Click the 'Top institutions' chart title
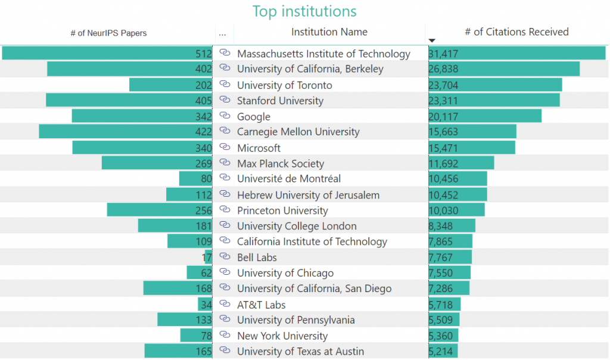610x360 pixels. (x=304, y=11)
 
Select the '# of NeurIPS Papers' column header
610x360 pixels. (x=108, y=33)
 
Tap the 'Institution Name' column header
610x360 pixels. (x=329, y=32)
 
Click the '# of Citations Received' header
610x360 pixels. (x=516, y=32)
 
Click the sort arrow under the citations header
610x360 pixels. (x=432, y=41)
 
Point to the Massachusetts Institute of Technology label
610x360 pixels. (x=323, y=54)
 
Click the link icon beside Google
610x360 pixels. (x=225, y=116)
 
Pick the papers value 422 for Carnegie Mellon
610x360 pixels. (x=204, y=132)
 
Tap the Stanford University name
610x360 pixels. (x=280, y=101)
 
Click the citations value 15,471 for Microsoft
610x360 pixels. (x=444, y=148)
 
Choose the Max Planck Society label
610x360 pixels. (x=281, y=163)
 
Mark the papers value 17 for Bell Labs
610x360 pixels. (x=207, y=257)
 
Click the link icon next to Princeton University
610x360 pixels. (x=225, y=210)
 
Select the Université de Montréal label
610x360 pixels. (x=289, y=179)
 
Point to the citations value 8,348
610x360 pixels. (x=440, y=226)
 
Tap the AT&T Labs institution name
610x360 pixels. (x=262, y=305)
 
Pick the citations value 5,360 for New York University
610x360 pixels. (x=440, y=336)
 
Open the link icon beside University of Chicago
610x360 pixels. (x=225, y=272)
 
